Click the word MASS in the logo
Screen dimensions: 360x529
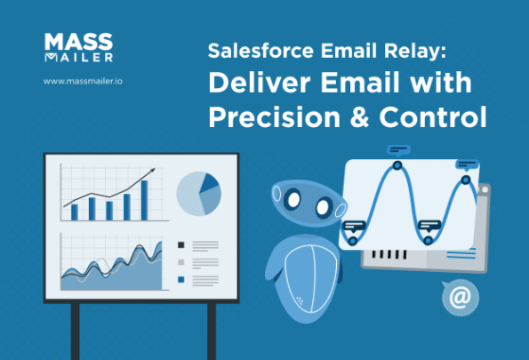(x=68, y=43)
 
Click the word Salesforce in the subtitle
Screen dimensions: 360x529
(x=253, y=52)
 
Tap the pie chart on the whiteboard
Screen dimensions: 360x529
(x=199, y=192)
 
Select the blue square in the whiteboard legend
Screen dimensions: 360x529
(x=181, y=279)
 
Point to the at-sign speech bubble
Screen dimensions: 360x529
(x=459, y=299)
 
